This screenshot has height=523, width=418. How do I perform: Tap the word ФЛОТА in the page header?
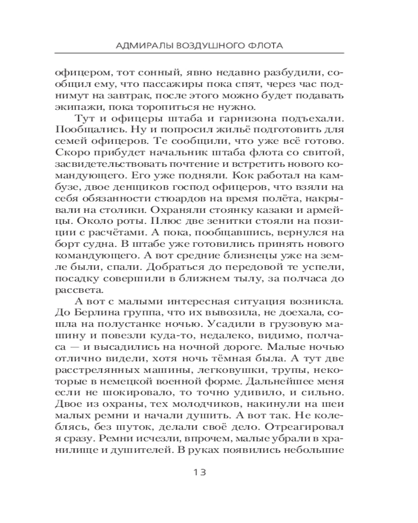pyautogui.click(x=265, y=46)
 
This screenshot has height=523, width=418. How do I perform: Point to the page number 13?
pyautogui.click(x=200, y=472)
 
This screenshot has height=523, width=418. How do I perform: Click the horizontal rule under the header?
pyautogui.click(x=209, y=54)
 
